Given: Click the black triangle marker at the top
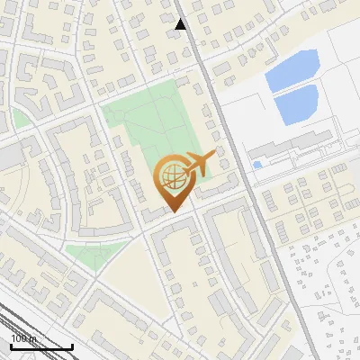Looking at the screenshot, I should coord(181,24).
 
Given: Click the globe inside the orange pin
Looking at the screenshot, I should coord(172,175).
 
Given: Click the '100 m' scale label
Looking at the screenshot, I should coord(22,338).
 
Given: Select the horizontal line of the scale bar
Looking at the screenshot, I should coord(41,346).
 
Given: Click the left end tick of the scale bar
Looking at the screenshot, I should coord(11,345).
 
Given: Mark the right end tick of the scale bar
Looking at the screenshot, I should coord(72,345).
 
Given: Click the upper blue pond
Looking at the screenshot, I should coord(292,69).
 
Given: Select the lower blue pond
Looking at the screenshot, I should coord(297,106).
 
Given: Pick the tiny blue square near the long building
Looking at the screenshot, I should coord(257,165).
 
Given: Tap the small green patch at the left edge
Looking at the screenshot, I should coord(19,120).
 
